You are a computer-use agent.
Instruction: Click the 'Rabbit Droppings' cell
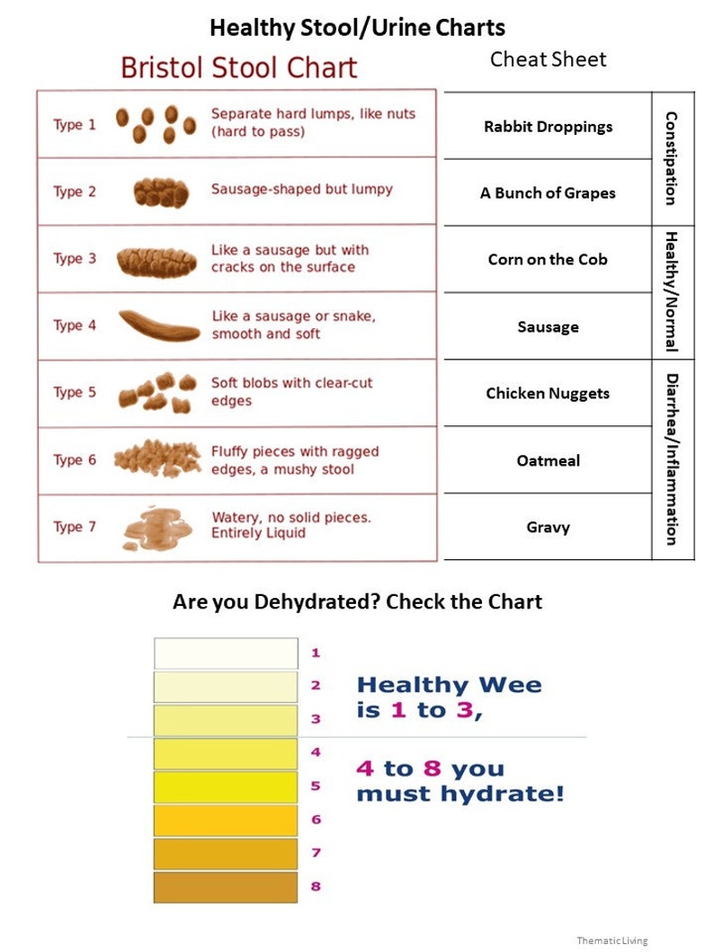pyautogui.click(x=548, y=127)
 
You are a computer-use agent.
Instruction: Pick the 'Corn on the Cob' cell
pyautogui.click(x=548, y=260)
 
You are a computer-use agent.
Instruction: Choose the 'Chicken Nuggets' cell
pyautogui.click(x=548, y=394)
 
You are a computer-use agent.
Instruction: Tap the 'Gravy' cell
pyautogui.click(x=548, y=528)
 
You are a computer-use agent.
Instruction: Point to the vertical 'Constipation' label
pyautogui.click(x=671, y=158)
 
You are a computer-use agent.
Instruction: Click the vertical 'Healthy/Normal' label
pyautogui.click(x=671, y=291)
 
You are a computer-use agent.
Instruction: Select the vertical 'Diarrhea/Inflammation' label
pyautogui.click(x=671, y=458)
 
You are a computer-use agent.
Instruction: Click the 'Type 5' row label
pyautogui.click(x=75, y=393)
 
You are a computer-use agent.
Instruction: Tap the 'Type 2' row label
pyautogui.click(x=75, y=191)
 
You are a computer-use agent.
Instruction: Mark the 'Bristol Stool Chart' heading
pyautogui.click(x=238, y=68)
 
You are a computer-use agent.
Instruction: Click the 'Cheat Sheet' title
pyautogui.click(x=548, y=59)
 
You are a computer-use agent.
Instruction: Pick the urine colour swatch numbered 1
pyautogui.click(x=226, y=654)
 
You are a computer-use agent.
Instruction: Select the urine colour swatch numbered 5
pyautogui.click(x=226, y=787)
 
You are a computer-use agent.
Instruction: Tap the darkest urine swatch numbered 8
pyautogui.click(x=226, y=887)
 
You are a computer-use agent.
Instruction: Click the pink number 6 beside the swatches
pyautogui.click(x=316, y=820)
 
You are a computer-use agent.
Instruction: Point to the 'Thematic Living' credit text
pyautogui.click(x=611, y=940)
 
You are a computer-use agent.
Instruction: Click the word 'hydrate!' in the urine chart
pyautogui.click(x=512, y=795)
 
